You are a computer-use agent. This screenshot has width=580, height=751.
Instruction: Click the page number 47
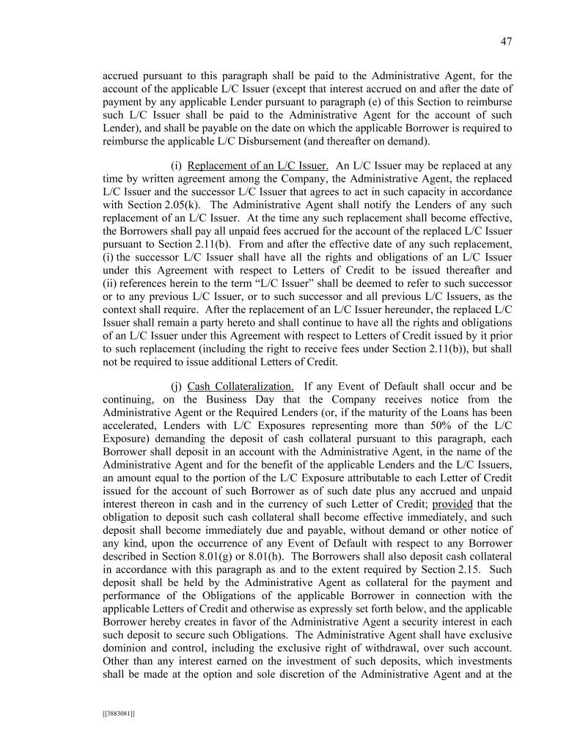coord(506,42)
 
